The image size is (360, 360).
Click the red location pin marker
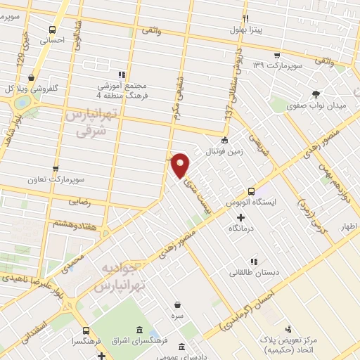181,165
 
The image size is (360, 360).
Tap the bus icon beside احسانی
53,30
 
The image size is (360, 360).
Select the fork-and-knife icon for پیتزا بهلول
245,18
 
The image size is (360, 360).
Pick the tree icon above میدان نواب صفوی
316,94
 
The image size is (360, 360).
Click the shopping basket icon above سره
176,304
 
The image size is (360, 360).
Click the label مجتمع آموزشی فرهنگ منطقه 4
123,90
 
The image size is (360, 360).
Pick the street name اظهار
349,227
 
